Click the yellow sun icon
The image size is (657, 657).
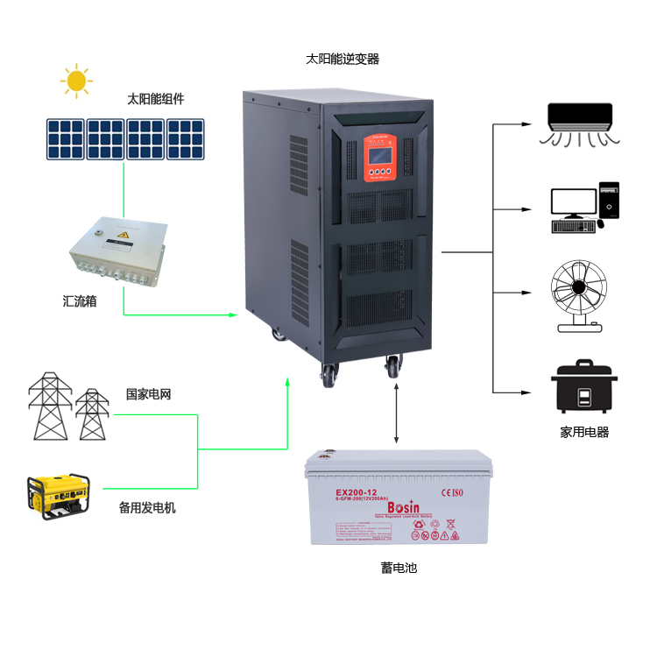click(x=77, y=81)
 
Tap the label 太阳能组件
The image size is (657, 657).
click(x=156, y=99)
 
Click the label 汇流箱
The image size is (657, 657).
click(x=80, y=300)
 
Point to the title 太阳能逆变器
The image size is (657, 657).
click(x=343, y=60)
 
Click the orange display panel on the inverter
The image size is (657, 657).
click(x=384, y=158)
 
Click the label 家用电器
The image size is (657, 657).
click(x=584, y=432)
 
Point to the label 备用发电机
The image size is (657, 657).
click(x=147, y=507)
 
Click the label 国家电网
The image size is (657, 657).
click(x=148, y=394)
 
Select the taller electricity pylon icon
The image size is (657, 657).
click(x=50, y=406)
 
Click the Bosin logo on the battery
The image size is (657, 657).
click(x=403, y=509)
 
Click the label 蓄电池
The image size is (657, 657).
click(x=399, y=568)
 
